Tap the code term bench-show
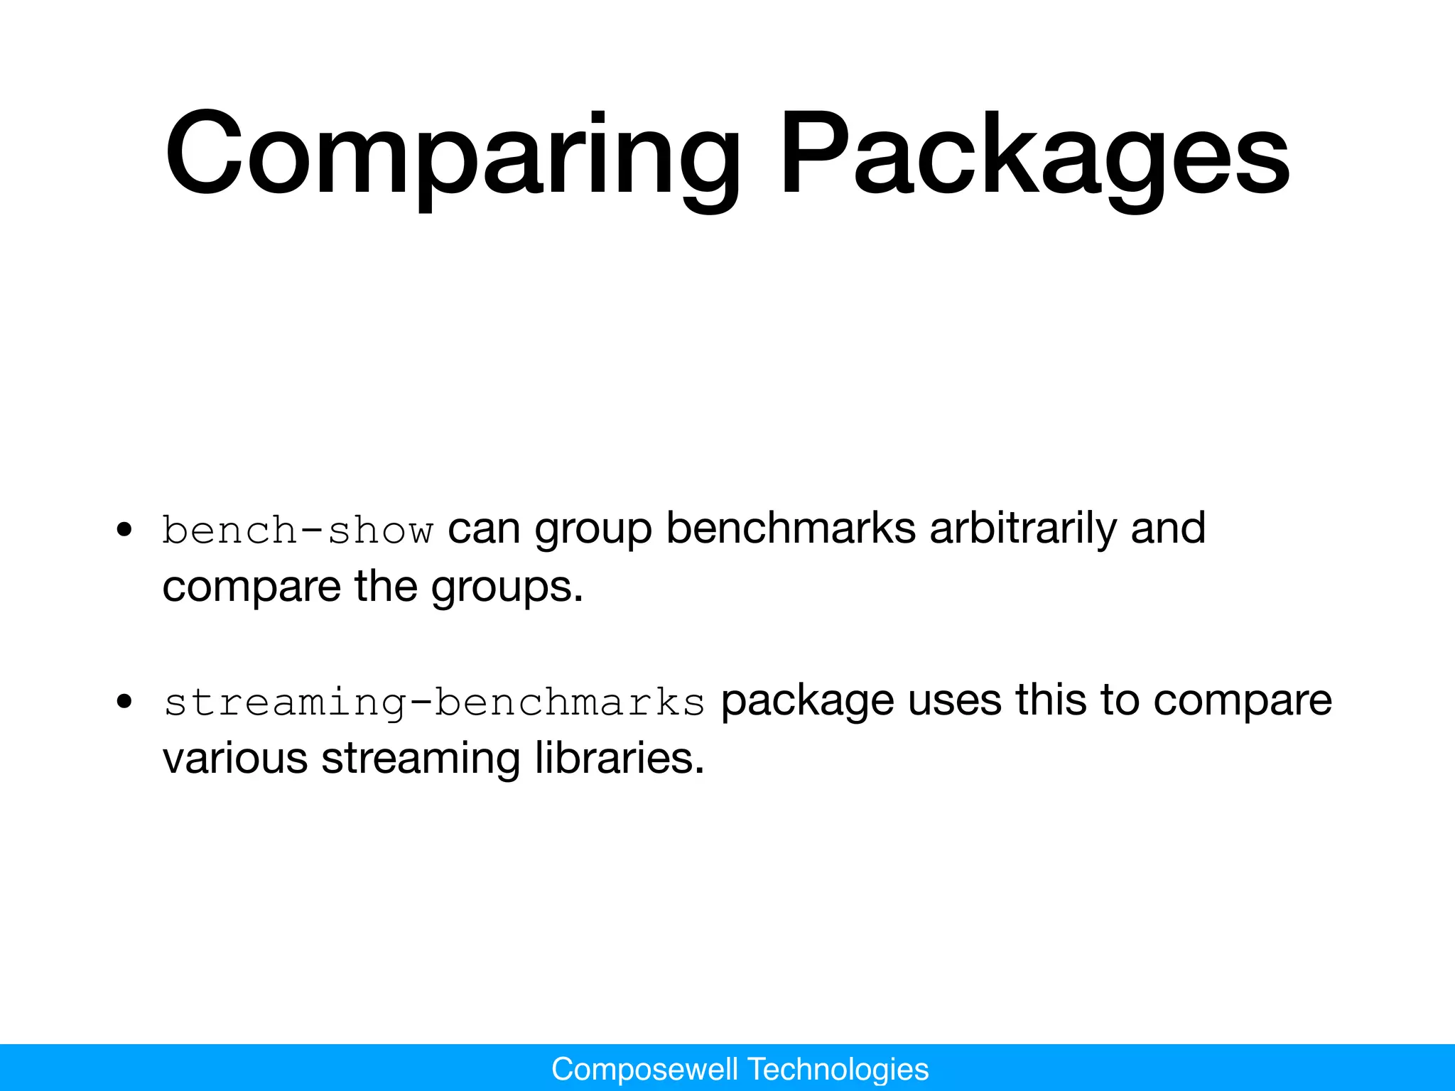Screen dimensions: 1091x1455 pyautogui.click(x=298, y=530)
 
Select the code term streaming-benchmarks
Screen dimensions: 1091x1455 pyautogui.click(x=434, y=702)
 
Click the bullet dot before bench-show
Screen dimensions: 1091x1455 pyautogui.click(x=125, y=530)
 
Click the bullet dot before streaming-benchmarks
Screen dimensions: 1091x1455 pyautogui.click(x=125, y=702)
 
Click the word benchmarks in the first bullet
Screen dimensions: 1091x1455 pyautogui.click(x=790, y=528)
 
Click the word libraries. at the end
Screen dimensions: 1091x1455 pyautogui.click(x=619, y=759)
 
